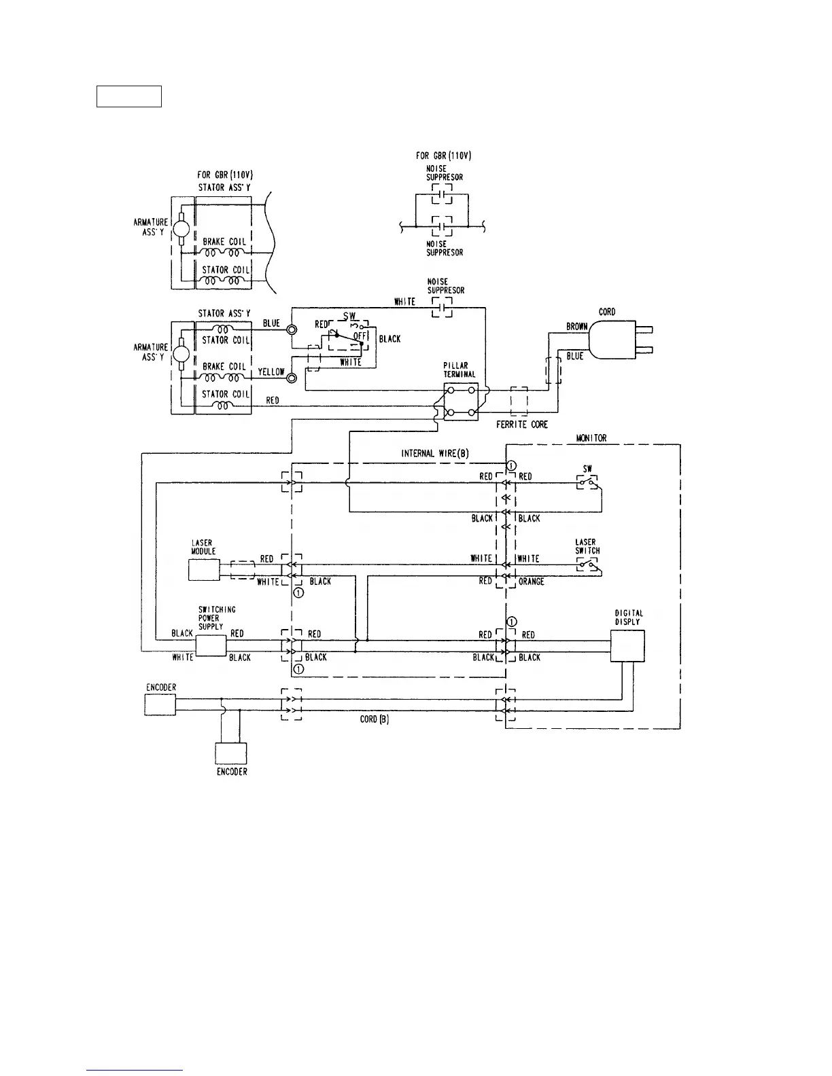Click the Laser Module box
pyautogui.click(x=204, y=570)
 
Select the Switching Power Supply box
pyautogui.click(x=211, y=645)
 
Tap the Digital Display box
pyautogui.click(x=627, y=645)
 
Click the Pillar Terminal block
pyautogui.click(x=461, y=401)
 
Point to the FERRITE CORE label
pyautogui.click(x=522, y=425)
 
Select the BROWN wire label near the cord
pyautogui.click(x=576, y=327)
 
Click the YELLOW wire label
pyautogui.click(x=271, y=372)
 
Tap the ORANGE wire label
pyautogui.click(x=531, y=582)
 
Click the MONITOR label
pyautogui.click(x=591, y=439)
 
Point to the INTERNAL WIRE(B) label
pyautogui.click(x=435, y=453)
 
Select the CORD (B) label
pyautogui.click(x=374, y=719)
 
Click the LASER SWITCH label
pyautogui.click(x=587, y=547)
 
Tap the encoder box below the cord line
pyautogui.click(x=231, y=753)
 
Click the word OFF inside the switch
pyautogui.click(x=360, y=336)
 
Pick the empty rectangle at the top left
pyautogui.click(x=129, y=96)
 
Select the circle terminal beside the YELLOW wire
pyautogui.click(x=292, y=378)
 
